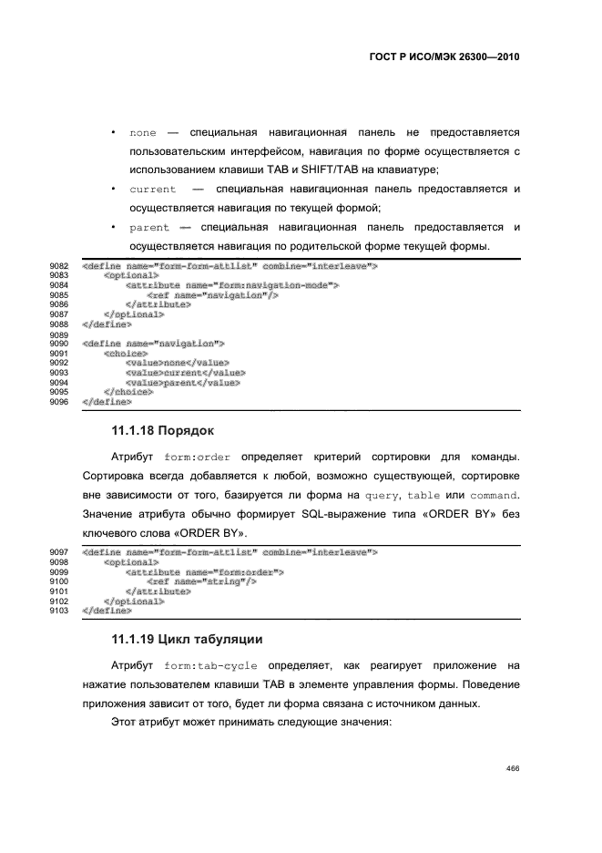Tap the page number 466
click(x=512, y=768)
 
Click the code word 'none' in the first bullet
click(x=143, y=133)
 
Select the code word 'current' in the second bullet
click(x=152, y=190)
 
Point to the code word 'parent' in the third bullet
click(x=149, y=228)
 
